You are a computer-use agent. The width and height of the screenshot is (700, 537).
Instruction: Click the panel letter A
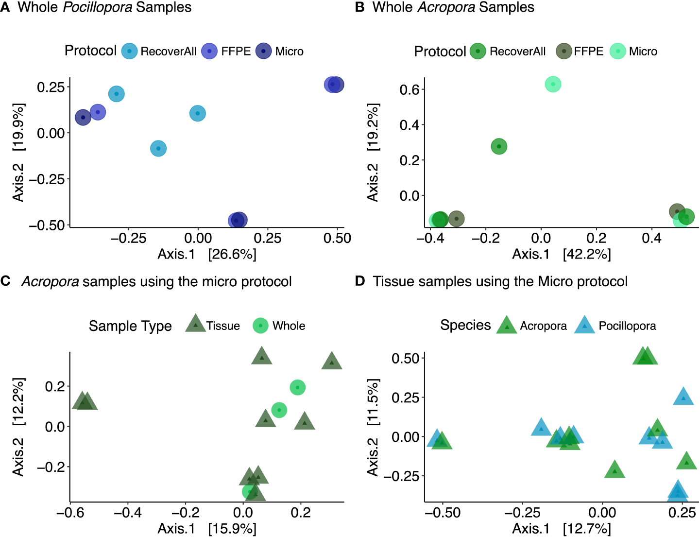click(5, 8)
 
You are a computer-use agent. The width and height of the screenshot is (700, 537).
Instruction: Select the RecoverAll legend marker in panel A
click(129, 51)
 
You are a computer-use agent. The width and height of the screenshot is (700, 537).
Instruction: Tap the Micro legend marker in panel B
click(618, 51)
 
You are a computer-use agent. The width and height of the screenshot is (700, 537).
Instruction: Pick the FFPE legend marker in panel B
click(564, 51)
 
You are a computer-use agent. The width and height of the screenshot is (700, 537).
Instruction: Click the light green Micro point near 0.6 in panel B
click(553, 84)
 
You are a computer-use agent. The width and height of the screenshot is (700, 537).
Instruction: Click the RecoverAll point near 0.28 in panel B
click(499, 146)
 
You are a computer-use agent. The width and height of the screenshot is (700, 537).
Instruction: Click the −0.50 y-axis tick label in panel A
click(47, 225)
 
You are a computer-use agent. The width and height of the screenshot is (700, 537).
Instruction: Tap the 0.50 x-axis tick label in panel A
click(337, 238)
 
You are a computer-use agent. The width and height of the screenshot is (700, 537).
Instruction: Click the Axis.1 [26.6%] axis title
click(207, 254)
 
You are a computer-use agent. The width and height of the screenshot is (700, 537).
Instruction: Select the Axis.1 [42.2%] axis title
click(562, 254)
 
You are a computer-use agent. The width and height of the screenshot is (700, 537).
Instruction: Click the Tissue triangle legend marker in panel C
click(195, 324)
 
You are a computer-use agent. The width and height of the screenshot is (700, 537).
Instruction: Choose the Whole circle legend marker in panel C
click(261, 326)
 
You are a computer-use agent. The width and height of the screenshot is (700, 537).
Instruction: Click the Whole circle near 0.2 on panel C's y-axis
click(298, 387)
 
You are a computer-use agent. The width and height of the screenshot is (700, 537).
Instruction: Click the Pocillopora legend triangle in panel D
click(584, 326)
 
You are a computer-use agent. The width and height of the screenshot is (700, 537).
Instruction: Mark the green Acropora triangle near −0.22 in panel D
click(615, 470)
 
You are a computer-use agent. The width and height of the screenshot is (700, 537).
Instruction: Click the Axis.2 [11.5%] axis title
click(373, 428)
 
